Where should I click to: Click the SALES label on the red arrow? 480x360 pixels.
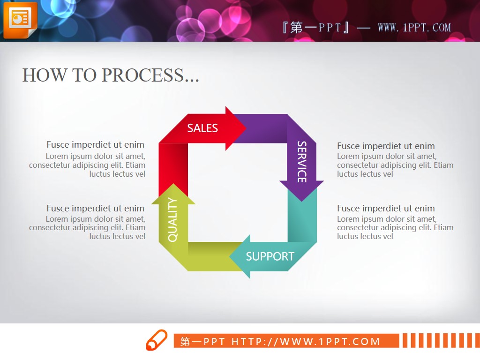click(202, 128)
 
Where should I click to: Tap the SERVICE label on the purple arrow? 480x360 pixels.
click(302, 162)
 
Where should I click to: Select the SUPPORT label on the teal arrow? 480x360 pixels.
click(270, 256)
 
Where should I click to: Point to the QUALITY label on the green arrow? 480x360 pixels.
click(172, 220)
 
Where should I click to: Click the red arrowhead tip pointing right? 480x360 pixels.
click(246, 128)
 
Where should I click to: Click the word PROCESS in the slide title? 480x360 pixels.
click(142, 75)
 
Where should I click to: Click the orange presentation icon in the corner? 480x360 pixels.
click(20, 20)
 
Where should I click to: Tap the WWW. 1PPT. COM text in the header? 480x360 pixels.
click(414, 28)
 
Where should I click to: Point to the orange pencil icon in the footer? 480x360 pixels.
click(157, 340)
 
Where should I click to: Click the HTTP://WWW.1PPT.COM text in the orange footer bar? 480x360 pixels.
click(306, 341)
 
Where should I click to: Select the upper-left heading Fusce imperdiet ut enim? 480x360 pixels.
click(96, 144)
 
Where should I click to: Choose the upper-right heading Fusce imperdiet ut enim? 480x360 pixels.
click(386, 146)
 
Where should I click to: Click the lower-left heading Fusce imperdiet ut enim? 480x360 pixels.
click(96, 208)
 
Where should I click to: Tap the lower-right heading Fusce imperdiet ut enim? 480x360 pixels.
click(386, 208)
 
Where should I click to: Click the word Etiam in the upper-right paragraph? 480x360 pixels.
click(443, 165)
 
